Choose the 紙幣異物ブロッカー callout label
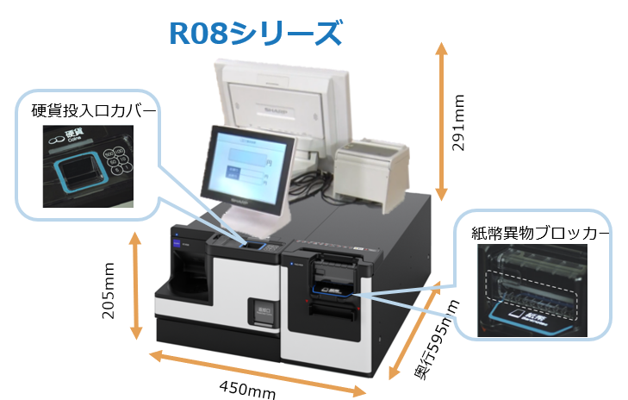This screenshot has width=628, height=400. [540, 233]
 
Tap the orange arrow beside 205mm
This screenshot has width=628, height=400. [135, 286]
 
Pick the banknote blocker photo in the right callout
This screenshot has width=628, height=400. [532, 289]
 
